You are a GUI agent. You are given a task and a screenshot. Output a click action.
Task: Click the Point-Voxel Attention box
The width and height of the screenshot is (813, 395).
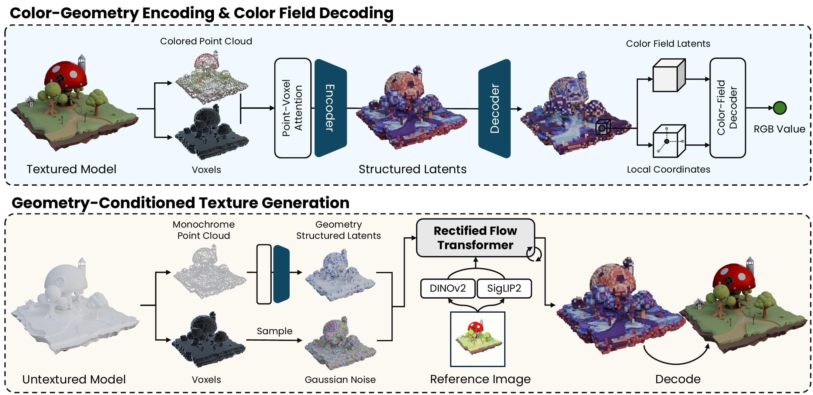click(x=293, y=108)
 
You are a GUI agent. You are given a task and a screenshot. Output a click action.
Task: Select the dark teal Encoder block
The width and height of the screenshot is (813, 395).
click(x=330, y=108)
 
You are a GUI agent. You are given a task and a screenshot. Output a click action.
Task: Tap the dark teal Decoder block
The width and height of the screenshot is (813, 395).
click(x=494, y=108)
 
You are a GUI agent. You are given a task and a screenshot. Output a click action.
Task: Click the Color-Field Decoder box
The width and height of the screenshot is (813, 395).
click(x=727, y=108)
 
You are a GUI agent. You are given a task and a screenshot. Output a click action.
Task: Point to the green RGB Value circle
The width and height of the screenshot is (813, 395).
click(x=780, y=108)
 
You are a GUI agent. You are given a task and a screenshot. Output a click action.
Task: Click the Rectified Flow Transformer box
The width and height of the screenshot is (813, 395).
click(x=475, y=238)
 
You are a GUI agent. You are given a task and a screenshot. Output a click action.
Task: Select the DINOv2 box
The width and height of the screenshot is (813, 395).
click(x=447, y=288)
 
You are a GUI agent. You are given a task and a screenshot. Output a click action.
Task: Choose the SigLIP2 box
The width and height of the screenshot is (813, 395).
click(x=504, y=288)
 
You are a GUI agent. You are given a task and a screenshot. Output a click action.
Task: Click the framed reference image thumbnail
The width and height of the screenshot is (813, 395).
click(x=477, y=339)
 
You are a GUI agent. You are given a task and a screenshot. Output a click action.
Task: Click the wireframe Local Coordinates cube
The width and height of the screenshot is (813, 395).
click(x=668, y=141)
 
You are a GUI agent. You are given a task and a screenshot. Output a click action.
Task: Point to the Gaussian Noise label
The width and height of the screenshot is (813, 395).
click(x=340, y=380)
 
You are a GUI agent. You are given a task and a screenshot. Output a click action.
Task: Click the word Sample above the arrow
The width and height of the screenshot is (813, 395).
click(x=274, y=331)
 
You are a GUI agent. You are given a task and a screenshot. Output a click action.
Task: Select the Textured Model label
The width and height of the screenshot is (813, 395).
click(x=71, y=169)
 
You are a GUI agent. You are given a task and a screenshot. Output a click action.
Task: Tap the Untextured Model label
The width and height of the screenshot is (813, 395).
click(x=74, y=379)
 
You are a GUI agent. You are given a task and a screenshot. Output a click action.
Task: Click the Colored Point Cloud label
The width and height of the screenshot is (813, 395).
click(x=206, y=41)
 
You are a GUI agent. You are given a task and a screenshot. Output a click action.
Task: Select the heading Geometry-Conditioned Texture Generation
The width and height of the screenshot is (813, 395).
click(x=180, y=203)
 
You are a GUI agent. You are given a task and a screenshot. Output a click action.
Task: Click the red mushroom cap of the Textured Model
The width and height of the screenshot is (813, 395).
click(x=66, y=74)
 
